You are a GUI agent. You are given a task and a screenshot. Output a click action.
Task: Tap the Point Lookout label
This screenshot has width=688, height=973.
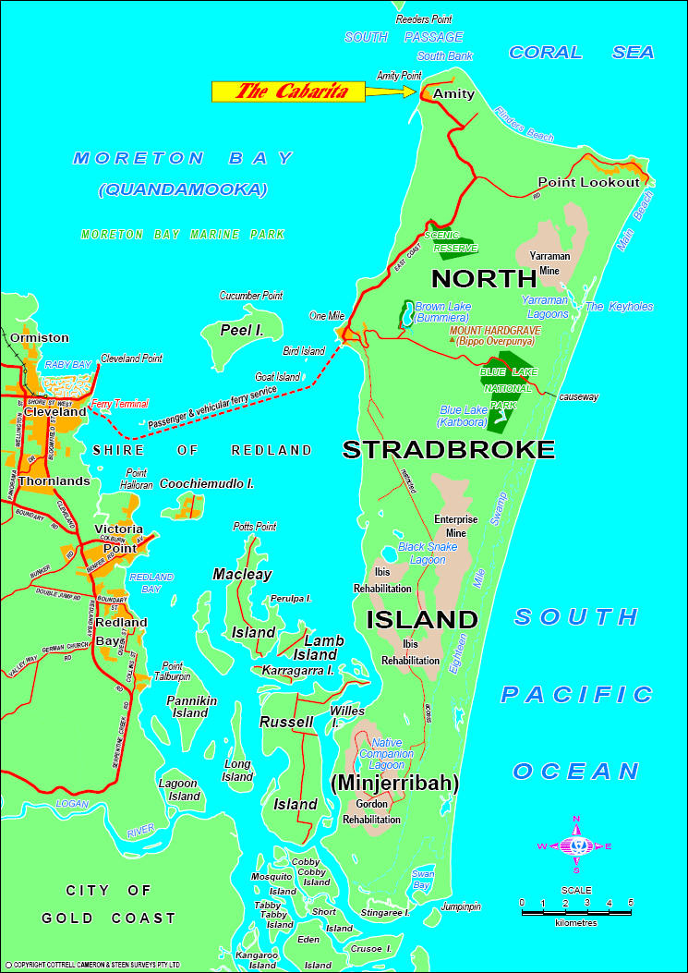[x=588, y=182]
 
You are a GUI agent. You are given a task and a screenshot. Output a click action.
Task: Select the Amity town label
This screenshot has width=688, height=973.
[x=453, y=94]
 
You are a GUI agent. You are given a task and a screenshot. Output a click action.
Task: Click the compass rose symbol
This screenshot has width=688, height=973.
[x=576, y=845]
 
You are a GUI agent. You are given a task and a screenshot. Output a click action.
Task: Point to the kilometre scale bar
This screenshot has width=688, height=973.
[x=576, y=912]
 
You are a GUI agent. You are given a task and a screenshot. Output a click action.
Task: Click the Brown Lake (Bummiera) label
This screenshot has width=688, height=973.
[x=443, y=312]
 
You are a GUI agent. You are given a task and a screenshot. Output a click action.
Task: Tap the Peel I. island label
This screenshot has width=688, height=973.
[x=242, y=330]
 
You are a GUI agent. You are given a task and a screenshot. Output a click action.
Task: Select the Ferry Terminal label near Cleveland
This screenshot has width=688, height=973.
[x=119, y=404]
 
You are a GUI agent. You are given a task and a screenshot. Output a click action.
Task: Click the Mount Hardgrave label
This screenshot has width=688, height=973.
[x=495, y=330]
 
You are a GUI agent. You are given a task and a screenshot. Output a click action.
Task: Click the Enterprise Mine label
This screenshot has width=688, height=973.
[x=456, y=526]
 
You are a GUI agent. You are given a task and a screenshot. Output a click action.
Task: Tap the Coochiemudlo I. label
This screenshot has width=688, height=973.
[x=207, y=483]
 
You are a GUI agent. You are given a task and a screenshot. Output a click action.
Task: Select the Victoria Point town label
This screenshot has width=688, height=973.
[x=115, y=539]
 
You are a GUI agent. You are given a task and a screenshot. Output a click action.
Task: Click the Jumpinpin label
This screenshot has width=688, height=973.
[x=460, y=906]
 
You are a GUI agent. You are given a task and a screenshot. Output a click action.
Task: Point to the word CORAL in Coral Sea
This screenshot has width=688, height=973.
[x=547, y=53]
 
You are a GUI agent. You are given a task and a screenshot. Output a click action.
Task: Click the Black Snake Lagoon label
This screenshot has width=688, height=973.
[x=428, y=553]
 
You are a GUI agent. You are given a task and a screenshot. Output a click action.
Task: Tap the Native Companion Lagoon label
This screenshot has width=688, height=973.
[x=386, y=754]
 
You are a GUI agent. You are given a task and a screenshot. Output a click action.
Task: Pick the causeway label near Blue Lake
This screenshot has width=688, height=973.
[x=578, y=397]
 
